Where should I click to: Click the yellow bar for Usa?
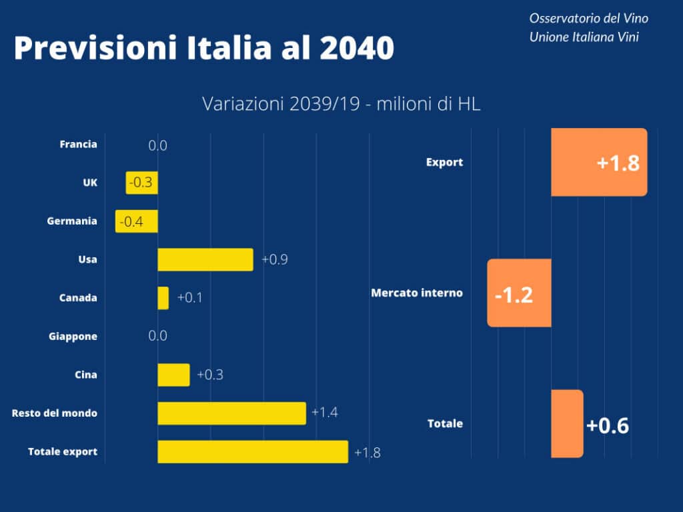(205, 259)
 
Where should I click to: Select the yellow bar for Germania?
(136, 221)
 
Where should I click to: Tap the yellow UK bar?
(141, 183)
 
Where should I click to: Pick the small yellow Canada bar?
(163, 298)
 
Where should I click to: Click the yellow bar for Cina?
(173, 375)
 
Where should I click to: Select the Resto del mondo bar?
(231, 413)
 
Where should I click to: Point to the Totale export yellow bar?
(253, 451)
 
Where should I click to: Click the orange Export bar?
(599, 162)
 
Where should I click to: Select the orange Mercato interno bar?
(519, 293)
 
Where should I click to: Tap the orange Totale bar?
(567, 423)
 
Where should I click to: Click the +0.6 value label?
(608, 425)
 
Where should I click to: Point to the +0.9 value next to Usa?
(274, 259)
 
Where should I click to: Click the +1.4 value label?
(325, 412)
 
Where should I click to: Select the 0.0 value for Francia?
(157, 145)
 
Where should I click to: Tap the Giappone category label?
(73, 337)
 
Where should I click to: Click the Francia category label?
(79, 144)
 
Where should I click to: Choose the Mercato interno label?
(417, 293)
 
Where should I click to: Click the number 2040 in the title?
(357, 47)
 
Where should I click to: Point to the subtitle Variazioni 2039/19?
(281, 103)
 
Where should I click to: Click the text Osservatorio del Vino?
(589, 18)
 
